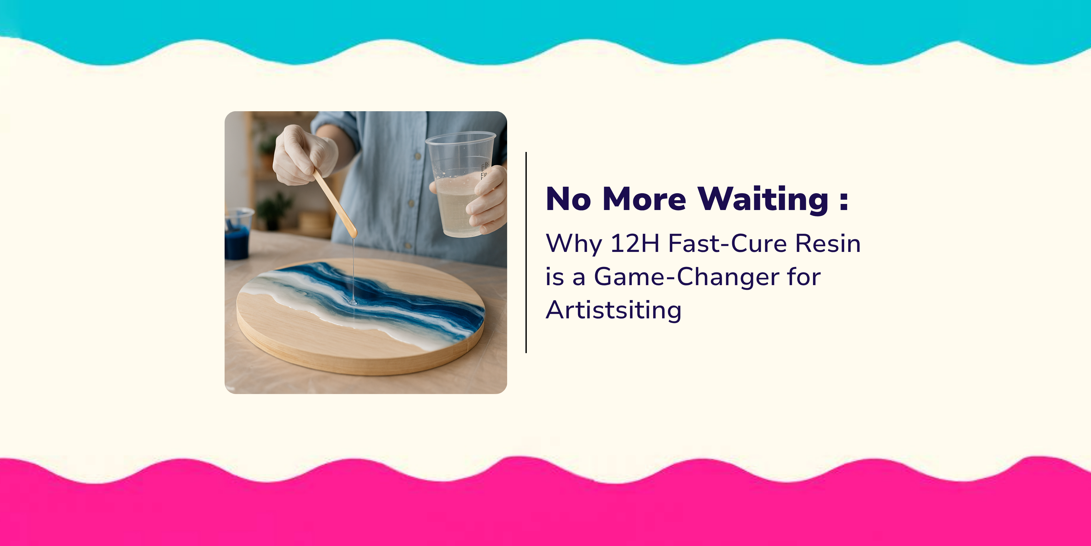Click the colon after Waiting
coord(844,201)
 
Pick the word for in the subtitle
coord(804,276)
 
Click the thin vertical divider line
coord(526,252)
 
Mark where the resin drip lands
coord(352,303)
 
